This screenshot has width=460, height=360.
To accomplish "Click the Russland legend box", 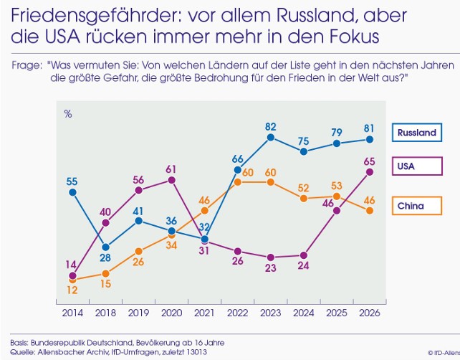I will click(x=416, y=133).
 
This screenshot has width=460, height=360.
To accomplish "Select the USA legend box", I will click(x=416, y=166).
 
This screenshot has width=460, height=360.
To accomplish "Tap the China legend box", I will click(x=416, y=206).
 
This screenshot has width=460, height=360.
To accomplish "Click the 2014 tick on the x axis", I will click(x=72, y=313).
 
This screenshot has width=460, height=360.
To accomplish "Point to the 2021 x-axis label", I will click(x=205, y=313).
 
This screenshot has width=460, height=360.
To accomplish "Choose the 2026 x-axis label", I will click(x=370, y=313).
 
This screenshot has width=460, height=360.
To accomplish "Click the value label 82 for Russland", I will click(x=271, y=126).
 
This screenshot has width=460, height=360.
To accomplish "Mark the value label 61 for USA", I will click(x=172, y=169).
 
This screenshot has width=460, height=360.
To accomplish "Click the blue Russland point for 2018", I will click(x=105, y=247).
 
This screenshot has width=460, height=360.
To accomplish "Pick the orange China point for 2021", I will click(x=205, y=211).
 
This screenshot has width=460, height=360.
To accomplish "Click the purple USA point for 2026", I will click(x=370, y=172).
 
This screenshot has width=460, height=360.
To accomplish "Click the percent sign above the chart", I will click(x=68, y=113).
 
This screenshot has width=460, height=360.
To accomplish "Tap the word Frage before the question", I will click(x=27, y=65).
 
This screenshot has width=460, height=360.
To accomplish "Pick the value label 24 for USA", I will click(x=304, y=265).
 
